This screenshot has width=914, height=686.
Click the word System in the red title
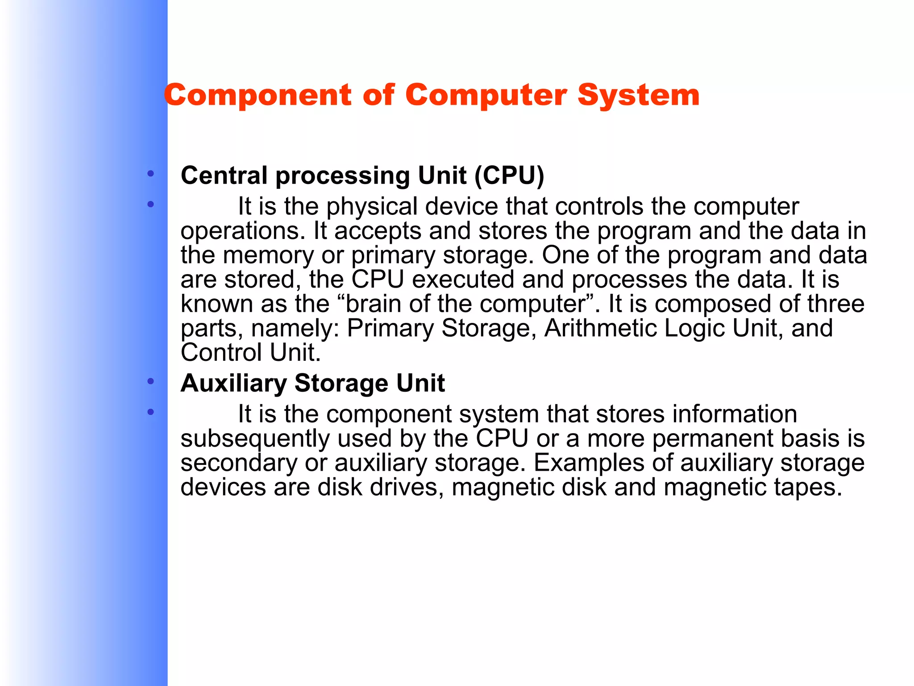tap(638, 96)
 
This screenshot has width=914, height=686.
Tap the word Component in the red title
tap(258, 96)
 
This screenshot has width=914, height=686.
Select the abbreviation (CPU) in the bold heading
tap(509, 175)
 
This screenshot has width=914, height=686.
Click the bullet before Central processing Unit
tap(151, 173)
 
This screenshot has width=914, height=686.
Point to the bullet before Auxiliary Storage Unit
tap(151, 381)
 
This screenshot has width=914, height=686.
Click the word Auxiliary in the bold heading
tap(233, 383)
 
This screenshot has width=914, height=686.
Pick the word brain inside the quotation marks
tap(374, 304)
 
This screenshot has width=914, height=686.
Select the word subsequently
tap(255, 439)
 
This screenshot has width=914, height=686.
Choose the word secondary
tap(238, 463)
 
